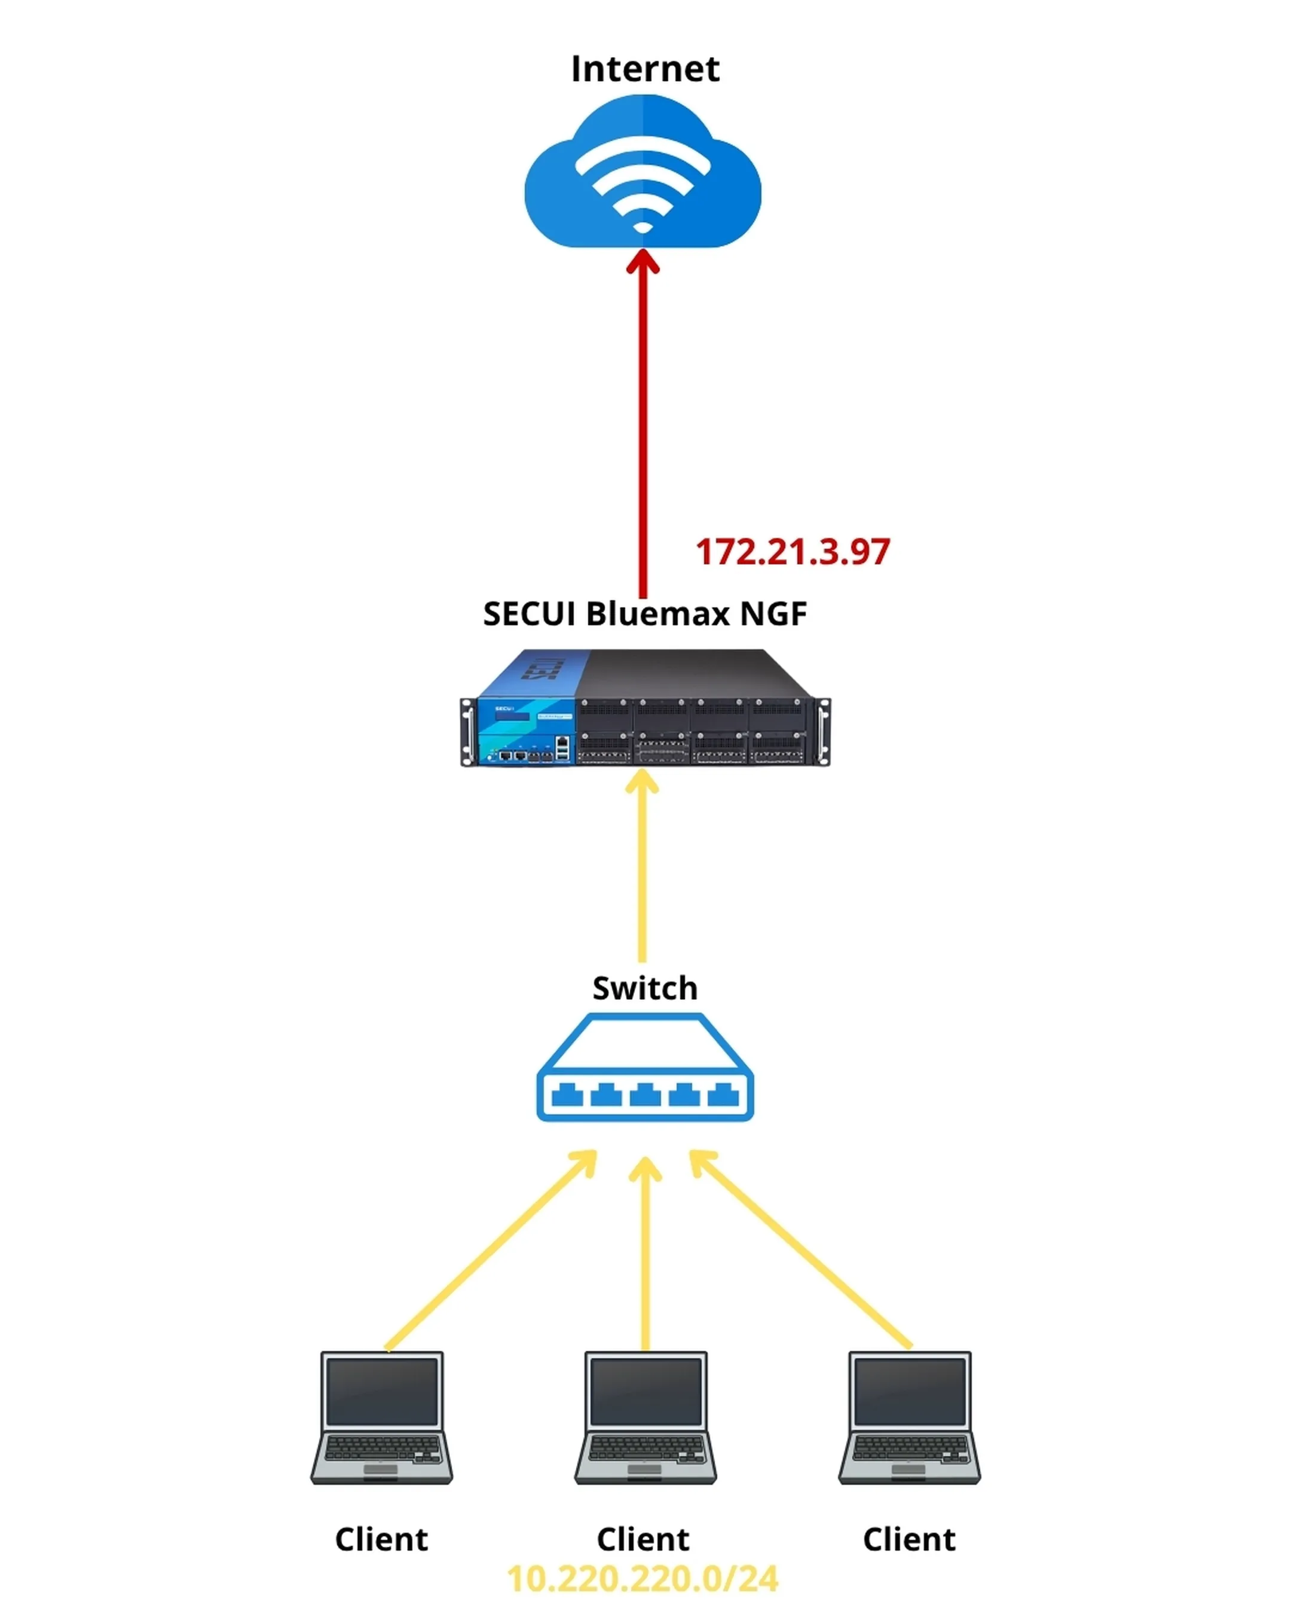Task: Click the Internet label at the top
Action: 644,69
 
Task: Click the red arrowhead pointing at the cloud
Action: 642,262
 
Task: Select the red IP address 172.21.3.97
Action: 792,552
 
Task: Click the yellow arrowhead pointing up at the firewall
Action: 642,782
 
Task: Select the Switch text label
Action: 644,988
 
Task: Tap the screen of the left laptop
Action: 382,1392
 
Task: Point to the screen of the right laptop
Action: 909,1392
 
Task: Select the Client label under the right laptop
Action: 908,1540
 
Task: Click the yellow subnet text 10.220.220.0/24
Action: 642,1579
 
